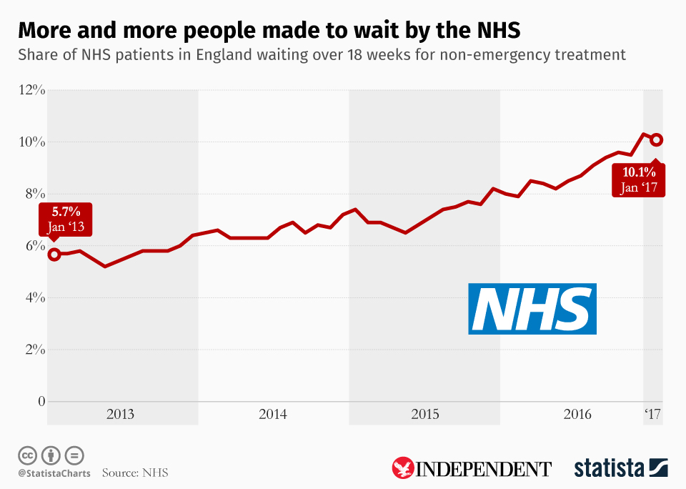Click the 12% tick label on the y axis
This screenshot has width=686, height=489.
point(32,90)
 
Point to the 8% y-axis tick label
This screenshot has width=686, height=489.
point(35,194)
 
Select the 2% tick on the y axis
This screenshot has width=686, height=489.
point(35,350)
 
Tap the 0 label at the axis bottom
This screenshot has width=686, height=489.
point(41,401)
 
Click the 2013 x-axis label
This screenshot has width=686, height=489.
point(120,414)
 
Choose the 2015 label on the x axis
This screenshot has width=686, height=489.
point(425,414)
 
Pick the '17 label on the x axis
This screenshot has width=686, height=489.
point(652,414)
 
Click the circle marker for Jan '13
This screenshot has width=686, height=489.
point(54,254)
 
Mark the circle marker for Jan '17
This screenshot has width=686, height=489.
point(657,140)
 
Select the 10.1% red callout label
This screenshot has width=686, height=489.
point(639,179)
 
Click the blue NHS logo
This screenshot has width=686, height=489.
point(532,308)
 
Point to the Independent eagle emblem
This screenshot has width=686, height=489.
point(403,469)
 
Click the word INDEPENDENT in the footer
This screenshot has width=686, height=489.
point(484,470)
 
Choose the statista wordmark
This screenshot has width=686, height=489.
point(610,469)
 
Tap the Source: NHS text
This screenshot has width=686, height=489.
point(135,473)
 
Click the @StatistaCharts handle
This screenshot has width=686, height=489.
point(54,473)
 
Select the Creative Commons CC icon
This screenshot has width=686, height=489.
point(27,455)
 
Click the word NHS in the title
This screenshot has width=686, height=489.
point(494,31)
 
